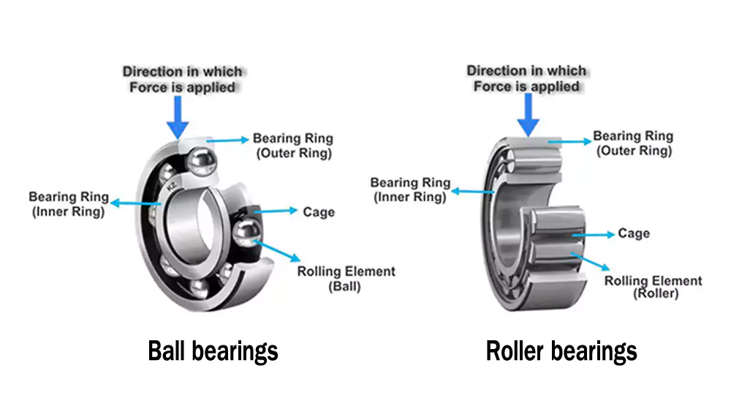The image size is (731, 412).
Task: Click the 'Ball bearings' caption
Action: [x=213, y=351]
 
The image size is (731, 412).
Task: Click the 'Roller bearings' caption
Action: [x=561, y=351]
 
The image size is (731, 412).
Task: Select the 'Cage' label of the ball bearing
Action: [x=318, y=212]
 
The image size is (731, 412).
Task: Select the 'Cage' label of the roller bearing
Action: [x=634, y=233]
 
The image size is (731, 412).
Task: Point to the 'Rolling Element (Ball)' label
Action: [x=346, y=279]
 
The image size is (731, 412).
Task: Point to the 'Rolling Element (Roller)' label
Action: [x=654, y=287]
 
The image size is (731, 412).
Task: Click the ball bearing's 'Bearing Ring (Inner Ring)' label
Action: [x=68, y=204]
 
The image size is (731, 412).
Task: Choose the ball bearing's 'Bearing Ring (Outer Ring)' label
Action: [x=292, y=146]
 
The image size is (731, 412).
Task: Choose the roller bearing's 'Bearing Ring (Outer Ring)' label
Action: [x=633, y=143]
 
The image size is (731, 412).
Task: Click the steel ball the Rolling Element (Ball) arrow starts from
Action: [x=246, y=233]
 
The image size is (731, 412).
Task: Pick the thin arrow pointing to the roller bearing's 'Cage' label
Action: [x=592, y=235]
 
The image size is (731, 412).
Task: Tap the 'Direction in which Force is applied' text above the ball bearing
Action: [x=182, y=79]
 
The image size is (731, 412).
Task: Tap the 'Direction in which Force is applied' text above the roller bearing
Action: [x=526, y=78]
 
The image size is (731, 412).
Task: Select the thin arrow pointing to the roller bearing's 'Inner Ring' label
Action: [x=474, y=192]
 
